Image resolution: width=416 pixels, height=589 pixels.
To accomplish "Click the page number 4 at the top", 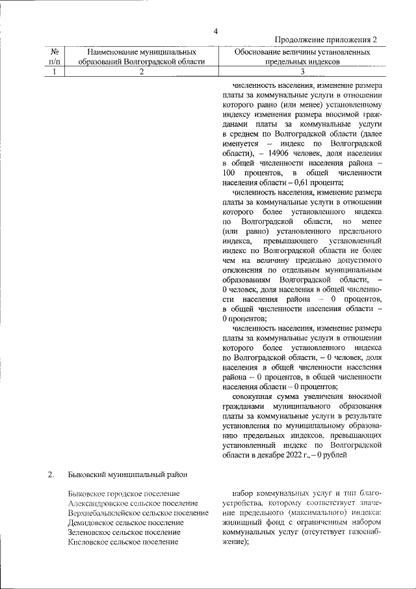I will pyautogui.click(x=215, y=31).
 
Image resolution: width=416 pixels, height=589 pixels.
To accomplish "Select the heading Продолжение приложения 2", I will pyautogui.click(x=327, y=40).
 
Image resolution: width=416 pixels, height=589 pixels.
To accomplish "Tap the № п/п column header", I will pyautogui.click(x=55, y=56).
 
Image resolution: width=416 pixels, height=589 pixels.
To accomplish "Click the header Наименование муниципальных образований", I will pyautogui.click(x=141, y=56).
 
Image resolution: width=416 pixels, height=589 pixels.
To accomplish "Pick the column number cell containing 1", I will pyautogui.click(x=55, y=72).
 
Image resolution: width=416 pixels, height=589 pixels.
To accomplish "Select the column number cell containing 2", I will pyautogui.click(x=141, y=72).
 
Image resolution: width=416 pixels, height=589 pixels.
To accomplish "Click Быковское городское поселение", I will pyautogui.click(x=123, y=494).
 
